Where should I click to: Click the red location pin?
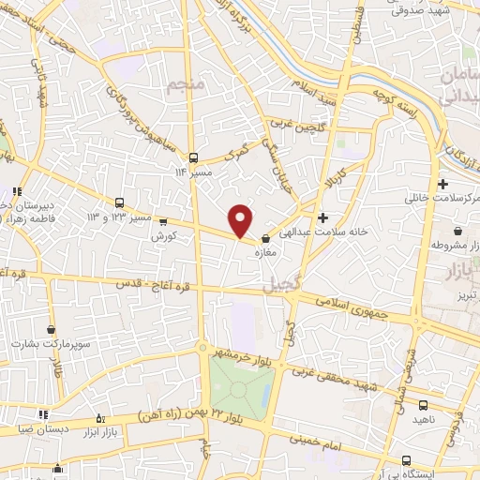pos(241,219)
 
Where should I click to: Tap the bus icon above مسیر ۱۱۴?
pos(193,157)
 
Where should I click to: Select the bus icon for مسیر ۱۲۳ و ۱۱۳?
pos(120,202)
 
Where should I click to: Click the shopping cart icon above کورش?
pos(164,223)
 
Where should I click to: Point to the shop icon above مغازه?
pos(265,237)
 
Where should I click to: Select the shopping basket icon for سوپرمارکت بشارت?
pos(49,331)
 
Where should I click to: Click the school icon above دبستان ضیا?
pos(42,413)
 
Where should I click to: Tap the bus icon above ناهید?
pos(424,405)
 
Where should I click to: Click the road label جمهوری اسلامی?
pos(345,305)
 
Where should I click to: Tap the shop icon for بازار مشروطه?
pos(457,231)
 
